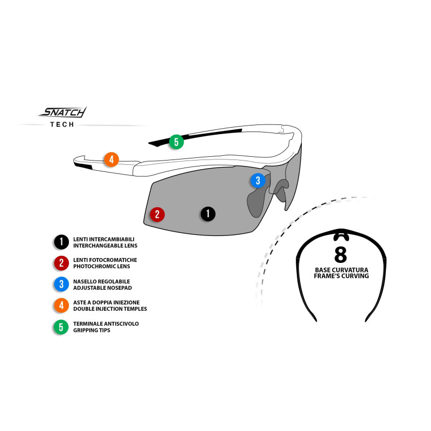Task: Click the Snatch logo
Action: coord(62,112)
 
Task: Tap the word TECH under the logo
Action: coord(62,124)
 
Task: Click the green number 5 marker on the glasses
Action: coord(176,142)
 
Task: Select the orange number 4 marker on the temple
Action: coord(112,159)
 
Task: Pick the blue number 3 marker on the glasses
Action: coord(258,180)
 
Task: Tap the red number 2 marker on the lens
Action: coord(157,214)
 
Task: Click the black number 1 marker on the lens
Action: coord(208,214)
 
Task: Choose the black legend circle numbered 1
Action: coord(61,242)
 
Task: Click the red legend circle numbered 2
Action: coord(61,263)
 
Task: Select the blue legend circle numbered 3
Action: coord(61,284)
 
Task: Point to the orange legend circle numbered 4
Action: coord(61,305)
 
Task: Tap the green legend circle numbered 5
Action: coord(61,327)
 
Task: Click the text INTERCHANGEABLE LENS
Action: coord(105,246)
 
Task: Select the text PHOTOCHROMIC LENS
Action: coord(102,266)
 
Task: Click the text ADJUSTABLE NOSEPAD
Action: coord(102,288)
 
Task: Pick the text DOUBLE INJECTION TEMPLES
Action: coord(110,309)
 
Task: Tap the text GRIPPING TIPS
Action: coord(92,330)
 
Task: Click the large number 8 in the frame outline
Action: coord(341,254)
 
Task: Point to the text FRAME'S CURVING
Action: coord(342,276)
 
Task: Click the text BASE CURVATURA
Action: coord(342,270)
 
